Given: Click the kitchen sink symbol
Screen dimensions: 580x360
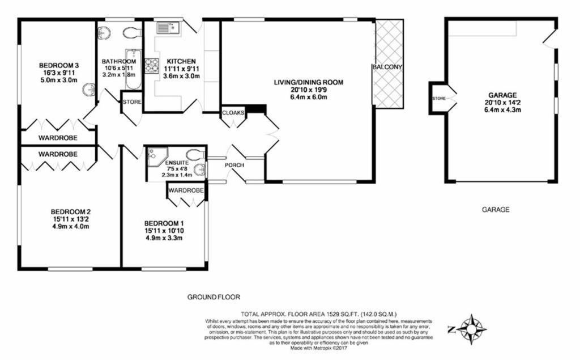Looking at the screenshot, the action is pyautogui.click(x=168, y=28).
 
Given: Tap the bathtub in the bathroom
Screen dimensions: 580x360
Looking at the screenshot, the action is pyautogui.click(x=133, y=69).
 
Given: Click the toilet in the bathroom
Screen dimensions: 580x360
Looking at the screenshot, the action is pyautogui.click(x=131, y=32).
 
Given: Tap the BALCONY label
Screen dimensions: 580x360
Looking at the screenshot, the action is pyautogui.click(x=387, y=67).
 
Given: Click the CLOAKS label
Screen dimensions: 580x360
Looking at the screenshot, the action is pyautogui.click(x=233, y=113).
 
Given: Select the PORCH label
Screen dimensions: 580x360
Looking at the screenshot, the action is pyautogui.click(x=234, y=165).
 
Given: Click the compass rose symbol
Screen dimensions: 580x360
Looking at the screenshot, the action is pyautogui.click(x=471, y=329).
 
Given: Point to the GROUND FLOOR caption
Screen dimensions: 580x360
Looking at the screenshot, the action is pyautogui.click(x=214, y=297).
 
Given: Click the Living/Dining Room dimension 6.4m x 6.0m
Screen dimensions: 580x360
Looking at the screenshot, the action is pyautogui.click(x=309, y=98).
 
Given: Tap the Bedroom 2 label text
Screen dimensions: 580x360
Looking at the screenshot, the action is pyautogui.click(x=71, y=212).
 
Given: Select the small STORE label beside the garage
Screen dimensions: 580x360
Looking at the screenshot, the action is pyautogui.click(x=439, y=99).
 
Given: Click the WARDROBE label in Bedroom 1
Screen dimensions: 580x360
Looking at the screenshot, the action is pyautogui.click(x=186, y=190).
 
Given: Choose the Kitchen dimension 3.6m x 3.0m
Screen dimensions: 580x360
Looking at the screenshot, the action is pyautogui.click(x=181, y=76).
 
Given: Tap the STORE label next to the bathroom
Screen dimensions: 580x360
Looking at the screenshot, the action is pyautogui.click(x=132, y=102).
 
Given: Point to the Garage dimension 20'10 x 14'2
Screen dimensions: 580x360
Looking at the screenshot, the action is pyautogui.click(x=502, y=103).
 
